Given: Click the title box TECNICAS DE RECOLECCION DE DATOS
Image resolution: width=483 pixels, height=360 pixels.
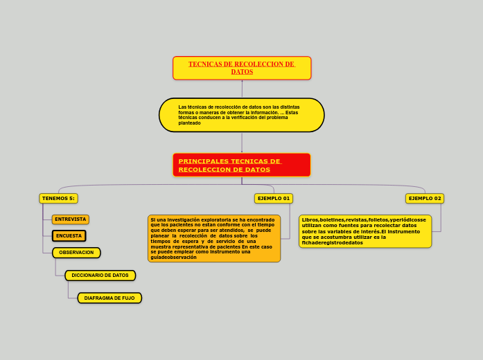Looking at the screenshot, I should coord(242,68).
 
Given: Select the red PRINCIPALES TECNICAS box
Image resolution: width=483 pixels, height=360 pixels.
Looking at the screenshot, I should coord(242,165).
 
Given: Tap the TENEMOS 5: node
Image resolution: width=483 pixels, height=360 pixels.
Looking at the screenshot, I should coord(58,199).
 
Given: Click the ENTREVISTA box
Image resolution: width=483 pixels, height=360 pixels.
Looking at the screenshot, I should coord(71,219).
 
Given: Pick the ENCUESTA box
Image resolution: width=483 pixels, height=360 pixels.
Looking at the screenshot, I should coord(69,236).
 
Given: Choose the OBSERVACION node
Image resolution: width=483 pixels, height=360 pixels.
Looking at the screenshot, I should coord(76,253).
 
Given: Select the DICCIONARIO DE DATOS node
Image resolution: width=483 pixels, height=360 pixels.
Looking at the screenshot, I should coord(100,276).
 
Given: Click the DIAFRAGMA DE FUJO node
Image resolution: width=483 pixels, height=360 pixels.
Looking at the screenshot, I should coord(109,298).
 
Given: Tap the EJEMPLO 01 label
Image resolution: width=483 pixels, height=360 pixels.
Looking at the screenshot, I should coord(274,199).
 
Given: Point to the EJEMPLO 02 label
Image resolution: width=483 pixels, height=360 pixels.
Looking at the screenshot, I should coord(425,199).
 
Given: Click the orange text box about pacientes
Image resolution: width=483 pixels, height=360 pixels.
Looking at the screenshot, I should coord(214,238).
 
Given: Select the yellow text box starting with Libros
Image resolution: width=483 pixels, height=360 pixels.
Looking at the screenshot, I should coord(365,231).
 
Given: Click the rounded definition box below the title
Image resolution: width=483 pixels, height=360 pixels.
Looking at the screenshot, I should coord(242,115).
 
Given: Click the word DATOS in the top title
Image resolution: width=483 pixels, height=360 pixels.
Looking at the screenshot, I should coord(242,72).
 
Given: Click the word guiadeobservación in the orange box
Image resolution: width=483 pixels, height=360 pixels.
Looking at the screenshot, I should coord(174,258).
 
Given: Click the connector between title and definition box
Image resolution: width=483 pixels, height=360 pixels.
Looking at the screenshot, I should coord(242,89).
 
